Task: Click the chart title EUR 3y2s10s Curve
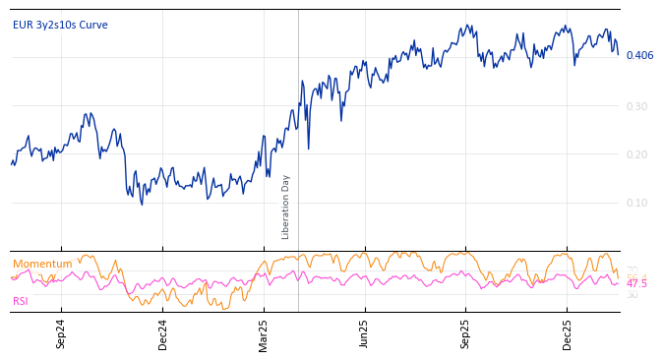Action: click(60, 25)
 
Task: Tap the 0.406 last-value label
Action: click(639, 55)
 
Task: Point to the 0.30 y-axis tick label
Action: click(637, 106)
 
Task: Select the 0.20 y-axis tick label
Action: click(637, 154)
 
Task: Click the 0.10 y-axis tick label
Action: click(637, 203)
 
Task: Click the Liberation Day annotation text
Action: click(286, 207)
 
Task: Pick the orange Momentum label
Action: click(42, 264)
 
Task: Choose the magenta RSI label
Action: click(21, 301)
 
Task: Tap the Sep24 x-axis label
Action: click(61, 334)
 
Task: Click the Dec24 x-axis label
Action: click(162, 334)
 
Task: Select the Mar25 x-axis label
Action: click(264, 334)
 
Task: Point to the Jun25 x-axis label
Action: click(364, 334)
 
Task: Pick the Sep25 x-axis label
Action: click(465, 334)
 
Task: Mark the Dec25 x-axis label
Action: click(567, 334)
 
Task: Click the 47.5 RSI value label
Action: click(636, 283)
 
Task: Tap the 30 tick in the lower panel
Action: click(632, 294)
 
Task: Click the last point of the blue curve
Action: click(618, 53)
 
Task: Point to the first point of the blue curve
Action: click(12, 163)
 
